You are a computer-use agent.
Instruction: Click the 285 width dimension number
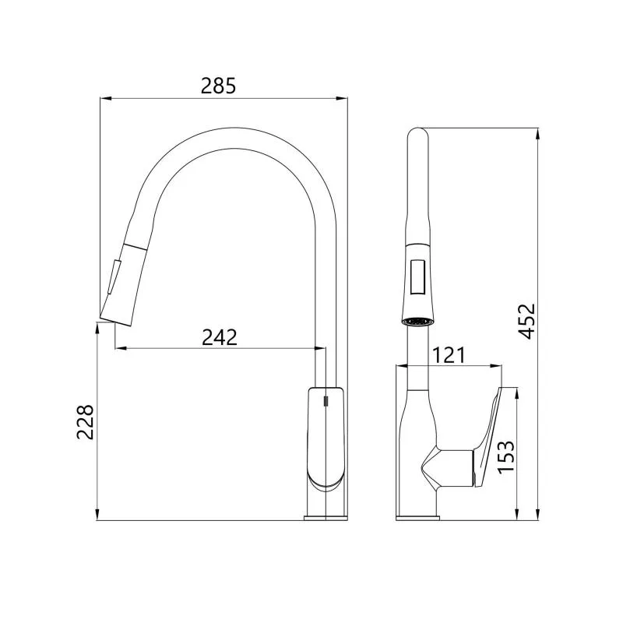[x=218, y=86]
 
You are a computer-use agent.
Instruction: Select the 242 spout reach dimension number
[x=220, y=337]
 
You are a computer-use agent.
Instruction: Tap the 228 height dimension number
[x=85, y=422]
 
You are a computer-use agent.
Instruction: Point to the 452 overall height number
[x=528, y=322]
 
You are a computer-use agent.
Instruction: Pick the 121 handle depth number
[x=449, y=355]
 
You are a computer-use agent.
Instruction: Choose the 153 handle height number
[x=506, y=457]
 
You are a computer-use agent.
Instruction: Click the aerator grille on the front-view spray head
[x=417, y=321]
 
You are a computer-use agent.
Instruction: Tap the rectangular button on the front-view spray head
[x=418, y=276]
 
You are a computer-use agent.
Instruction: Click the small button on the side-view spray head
[x=112, y=277]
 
